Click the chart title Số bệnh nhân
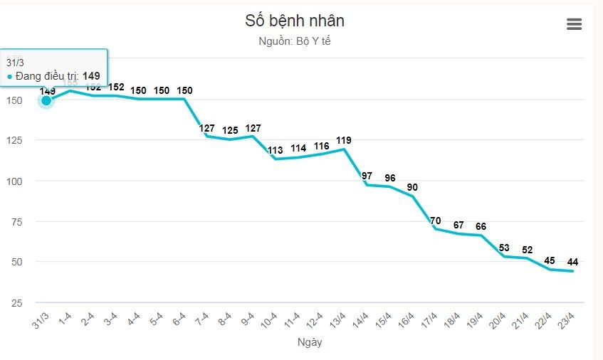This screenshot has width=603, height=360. (x=295, y=21)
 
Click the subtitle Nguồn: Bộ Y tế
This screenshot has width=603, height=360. (x=295, y=41)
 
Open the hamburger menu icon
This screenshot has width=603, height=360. (x=574, y=24)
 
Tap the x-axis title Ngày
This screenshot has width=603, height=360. (x=310, y=342)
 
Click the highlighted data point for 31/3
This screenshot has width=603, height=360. (x=46, y=100)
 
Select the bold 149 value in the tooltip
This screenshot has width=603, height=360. (x=90, y=76)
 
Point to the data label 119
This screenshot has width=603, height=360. (x=344, y=140)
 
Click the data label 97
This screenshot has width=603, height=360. (x=367, y=176)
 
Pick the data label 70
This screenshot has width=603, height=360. (x=436, y=220)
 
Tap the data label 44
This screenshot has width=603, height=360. (x=572, y=262)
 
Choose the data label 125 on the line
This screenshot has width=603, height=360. (x=230, y=130)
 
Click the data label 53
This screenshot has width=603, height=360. (x=504, y=248)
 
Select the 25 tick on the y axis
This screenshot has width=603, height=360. (x=16, y=302)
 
